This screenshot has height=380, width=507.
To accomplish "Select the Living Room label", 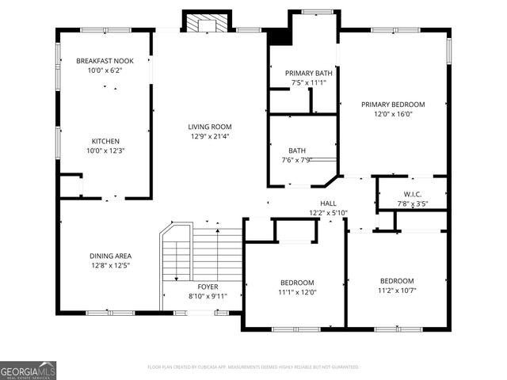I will (x=209, y=127).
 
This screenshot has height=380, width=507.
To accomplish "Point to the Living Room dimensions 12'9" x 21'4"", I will (x=209, y=135).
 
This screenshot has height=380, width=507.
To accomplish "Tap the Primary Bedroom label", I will (x=393, y=104).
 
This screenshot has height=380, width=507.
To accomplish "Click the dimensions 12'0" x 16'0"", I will (x=393, y=113).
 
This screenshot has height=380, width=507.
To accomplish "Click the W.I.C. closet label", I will (x=412, y=195).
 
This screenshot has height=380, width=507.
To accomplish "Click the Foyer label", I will (x=208, y=287).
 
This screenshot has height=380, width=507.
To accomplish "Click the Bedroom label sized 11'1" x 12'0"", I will (x=297, y=283).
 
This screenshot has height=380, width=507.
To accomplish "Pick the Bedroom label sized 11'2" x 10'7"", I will (x=396, y=281).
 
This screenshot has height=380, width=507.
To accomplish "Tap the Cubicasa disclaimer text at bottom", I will (x=253, y=367).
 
